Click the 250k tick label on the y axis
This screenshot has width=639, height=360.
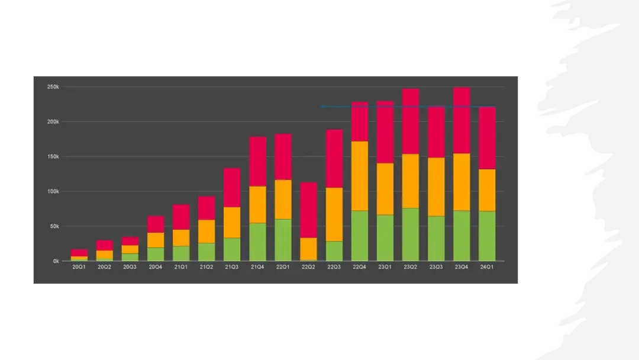click(x=53, y=87)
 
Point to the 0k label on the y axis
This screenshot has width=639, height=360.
click(x=55, y=261)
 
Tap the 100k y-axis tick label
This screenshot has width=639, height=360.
click(x=53, y=191)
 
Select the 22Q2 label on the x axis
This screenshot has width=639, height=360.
click(x=308, y=268)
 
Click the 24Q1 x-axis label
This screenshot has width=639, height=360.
click(x=486, y=268)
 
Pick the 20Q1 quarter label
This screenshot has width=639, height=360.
click(x=79, y=268)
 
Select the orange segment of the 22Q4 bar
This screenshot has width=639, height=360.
click(x=360, y=176)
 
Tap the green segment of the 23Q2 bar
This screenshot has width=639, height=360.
click(x=411, y=234)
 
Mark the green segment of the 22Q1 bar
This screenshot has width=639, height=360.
click(x=283, y=240)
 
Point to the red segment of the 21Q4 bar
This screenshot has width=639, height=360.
click(x=257, y=161)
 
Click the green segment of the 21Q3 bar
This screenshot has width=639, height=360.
click(x=232, y=249)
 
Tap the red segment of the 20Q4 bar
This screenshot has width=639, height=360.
click(x=156, y=224)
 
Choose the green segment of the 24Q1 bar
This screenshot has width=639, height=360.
click(x=486, y=236)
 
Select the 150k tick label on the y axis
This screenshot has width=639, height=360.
click(x=53, y=157)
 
